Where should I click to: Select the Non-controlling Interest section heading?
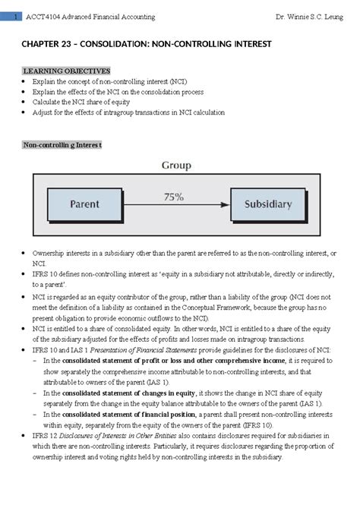coord(62,144)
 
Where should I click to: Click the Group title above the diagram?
coord(175,165)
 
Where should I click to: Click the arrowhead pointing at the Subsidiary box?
coord(225,204)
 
